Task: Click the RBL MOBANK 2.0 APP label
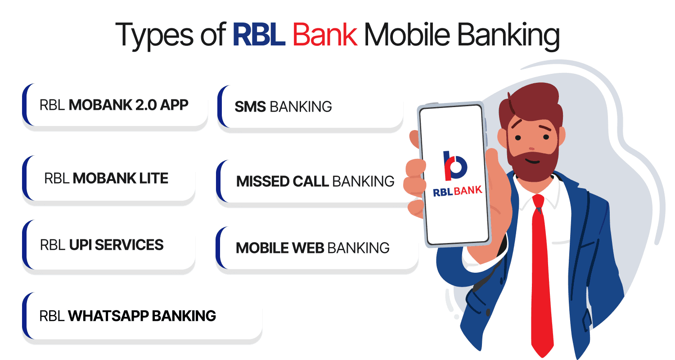pos(114,105)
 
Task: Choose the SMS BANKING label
pos(283,107)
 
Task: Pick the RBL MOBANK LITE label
pos(106,178)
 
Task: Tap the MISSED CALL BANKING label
pos(315,181)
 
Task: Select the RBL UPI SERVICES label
pos(102,245)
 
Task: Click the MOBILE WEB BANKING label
pos(313,247)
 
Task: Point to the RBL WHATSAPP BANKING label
pos(128,315)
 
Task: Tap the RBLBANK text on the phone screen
pos(457,191)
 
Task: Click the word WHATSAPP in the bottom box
pos(108,315)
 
